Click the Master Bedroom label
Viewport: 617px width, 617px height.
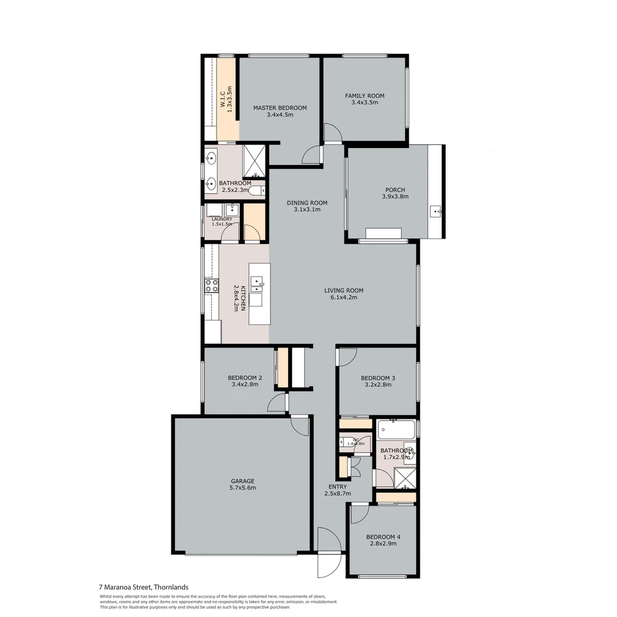[x=280, y=107]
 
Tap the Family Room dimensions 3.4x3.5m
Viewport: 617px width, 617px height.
[x=364, y=103]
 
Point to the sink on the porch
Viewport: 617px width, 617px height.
[x=436, y=212]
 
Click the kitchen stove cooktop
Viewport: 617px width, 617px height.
[x=212, y=286]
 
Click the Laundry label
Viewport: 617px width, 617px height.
[x=222, y=219]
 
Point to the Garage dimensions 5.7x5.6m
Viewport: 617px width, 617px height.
[x=243, y=488]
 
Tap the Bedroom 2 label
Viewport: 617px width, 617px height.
[x=245, y=378]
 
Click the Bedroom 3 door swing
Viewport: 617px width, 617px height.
[x=346, y=356]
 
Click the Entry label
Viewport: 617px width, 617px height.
[x=337, y=487]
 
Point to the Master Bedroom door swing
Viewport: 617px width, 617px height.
[x=312, y=154]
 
